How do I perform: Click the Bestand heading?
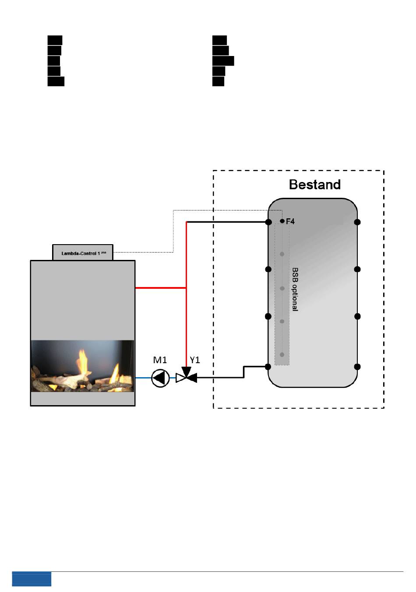[314, 185]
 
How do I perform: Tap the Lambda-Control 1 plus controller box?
[83, 253]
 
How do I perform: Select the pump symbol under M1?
[160, 378]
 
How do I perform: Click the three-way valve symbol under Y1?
[186, 377]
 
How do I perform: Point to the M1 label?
[160, 360]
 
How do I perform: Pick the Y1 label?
[195, 360]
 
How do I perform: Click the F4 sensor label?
[290, 221]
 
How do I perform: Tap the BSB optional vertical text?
[295, 289]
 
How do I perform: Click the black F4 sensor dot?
[282, 221]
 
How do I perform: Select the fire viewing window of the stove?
[82, 366]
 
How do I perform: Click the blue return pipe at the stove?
[143, 378]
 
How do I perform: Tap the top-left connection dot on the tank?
[268, 222]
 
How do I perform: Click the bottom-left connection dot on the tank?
[268, 367]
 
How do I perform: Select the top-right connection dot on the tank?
[357, 222]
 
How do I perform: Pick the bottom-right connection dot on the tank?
[357, 367]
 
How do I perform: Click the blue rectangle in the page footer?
[32, 579]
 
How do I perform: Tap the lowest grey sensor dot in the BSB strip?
[282, 354]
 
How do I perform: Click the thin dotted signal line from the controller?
[173, 232]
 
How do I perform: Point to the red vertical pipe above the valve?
[187, 324]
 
